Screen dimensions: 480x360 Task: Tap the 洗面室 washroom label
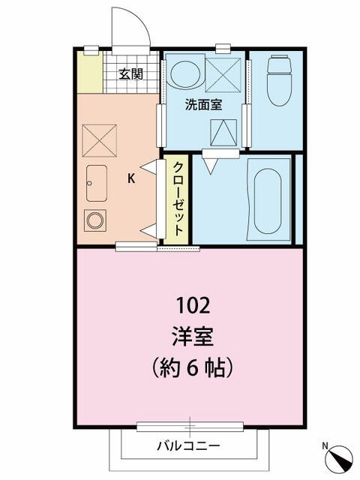pyautogui.click(x=204, y=106)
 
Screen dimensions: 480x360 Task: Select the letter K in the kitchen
pyautogui.click(x=131, y=178)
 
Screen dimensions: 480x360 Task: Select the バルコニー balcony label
pyautogui.click(x=188, y=444)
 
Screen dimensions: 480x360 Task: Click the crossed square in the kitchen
pyautogui.click(x=97, y=139)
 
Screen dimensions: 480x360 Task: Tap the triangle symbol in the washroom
pyautogui.click(x=223, y=133)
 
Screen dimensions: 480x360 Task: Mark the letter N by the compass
pyautogui.click(x=325, y=447)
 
